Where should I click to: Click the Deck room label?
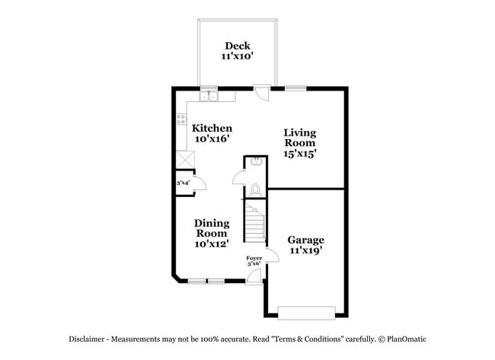(236, 46)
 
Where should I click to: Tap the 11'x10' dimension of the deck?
(236, 57)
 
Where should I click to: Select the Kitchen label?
(212, 128)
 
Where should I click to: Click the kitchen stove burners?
(181, 119)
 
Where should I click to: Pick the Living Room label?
(300, 137)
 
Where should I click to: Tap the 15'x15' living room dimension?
(300, 153)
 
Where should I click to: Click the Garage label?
(305, 239)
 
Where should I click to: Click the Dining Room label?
(212, 228)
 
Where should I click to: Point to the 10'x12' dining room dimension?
(212, 244)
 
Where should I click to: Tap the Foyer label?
(254, 259)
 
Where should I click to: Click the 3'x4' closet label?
(183, 183)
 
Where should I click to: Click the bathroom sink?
(256, 161)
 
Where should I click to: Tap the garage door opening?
(306, 311)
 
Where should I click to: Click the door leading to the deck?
(261, 94)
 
